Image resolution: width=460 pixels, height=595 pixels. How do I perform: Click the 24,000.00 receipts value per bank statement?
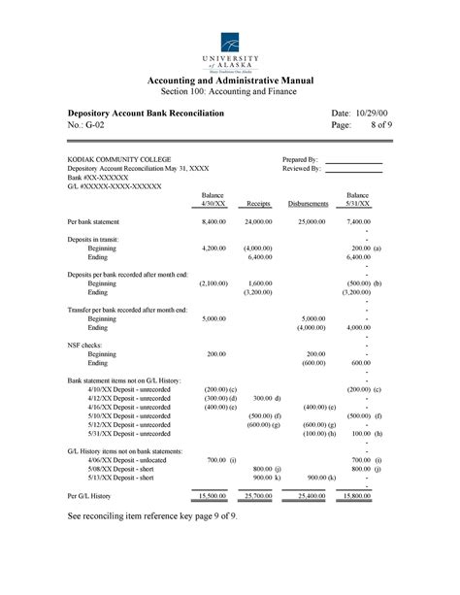(258, 222)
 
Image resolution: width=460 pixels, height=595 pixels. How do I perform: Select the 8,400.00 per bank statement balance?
(214, 222)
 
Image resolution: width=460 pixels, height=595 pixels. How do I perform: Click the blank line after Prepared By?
(353, 160)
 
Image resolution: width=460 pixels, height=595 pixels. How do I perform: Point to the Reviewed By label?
(301, 168)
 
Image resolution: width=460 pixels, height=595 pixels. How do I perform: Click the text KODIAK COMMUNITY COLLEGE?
(119, 159)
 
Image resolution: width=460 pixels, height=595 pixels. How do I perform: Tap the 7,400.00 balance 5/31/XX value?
(358, 222)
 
